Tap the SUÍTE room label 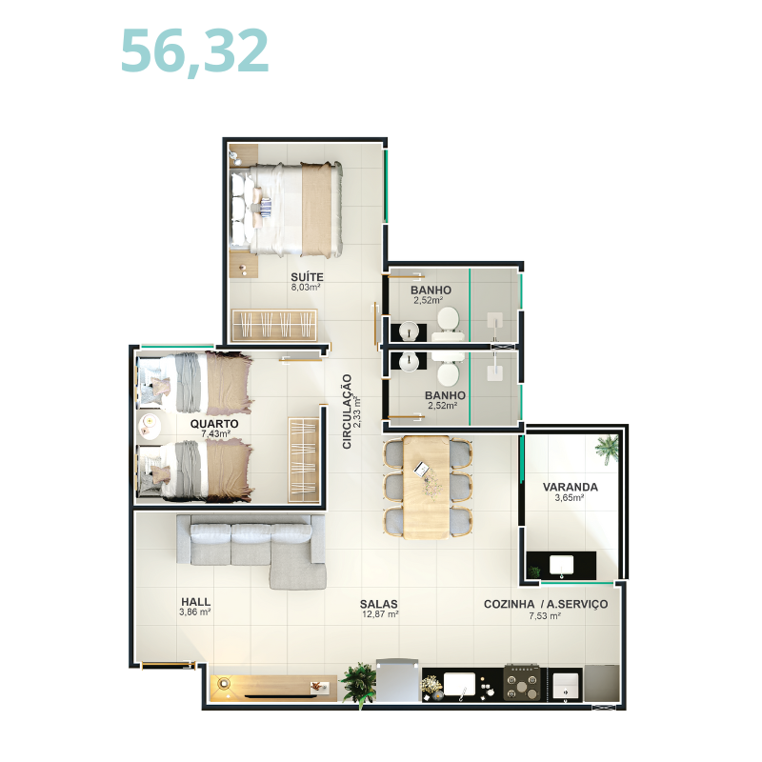307,277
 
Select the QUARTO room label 213,424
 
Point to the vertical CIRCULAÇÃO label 347,411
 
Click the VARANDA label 570,487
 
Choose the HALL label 195,602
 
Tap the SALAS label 378,604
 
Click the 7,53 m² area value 545,615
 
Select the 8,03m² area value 306,288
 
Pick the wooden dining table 426,487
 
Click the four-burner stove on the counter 522,682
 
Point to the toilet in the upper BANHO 448,324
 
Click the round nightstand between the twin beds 150,426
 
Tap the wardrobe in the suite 274,325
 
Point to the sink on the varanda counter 561,566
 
